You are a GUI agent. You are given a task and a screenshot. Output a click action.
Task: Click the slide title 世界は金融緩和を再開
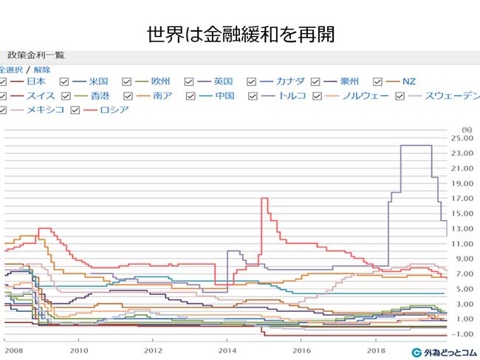[x=240, y=34]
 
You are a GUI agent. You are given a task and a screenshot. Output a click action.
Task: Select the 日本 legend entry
[x=36, y=81]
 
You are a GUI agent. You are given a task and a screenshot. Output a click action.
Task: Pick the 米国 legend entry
[x=98, y=81]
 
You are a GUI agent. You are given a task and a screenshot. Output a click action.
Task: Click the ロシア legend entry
[x=114, y=109]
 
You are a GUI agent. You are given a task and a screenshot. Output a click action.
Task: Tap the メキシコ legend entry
[x=45, y=109]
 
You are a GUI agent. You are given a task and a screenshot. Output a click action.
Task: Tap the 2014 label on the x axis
[x=227, y=350]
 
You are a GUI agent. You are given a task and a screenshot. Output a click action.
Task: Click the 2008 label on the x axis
[x=10, y=350]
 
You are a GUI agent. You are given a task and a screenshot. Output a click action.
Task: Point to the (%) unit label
[x=466, y=129]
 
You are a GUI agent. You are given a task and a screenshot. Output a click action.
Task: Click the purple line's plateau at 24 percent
[x=416, y=145]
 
